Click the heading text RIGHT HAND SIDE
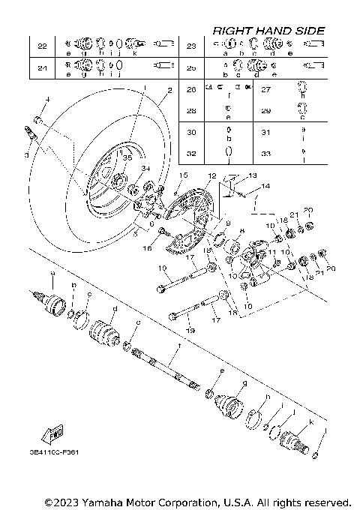point(268,30)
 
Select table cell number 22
point(42,46)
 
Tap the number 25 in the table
point(191,68)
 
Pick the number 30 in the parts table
point(191,132)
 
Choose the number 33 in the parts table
point(264,153)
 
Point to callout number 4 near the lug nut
point(46,99)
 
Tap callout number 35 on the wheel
point(127,158)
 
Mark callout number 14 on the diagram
point(265,185)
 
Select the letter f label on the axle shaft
point(178,347)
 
